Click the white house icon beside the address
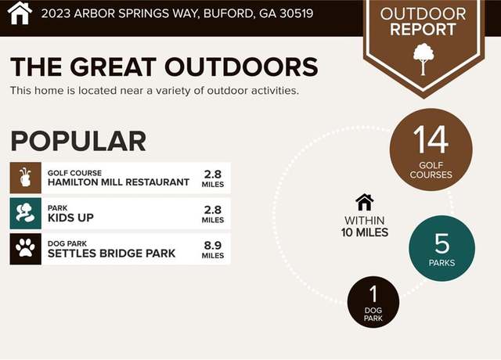[x=20, y=13]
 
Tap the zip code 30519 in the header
[x=296, y=13]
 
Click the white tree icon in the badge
[x=424, y=59]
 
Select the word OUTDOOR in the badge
[x=423, y=14]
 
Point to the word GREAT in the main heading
[x=113, y=67]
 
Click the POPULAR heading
[x=78, y=141]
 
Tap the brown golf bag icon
[x=26, y=178]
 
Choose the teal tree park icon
[x=26, y=214]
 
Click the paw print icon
[x=26, y=249]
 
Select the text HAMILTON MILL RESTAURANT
[x=118, y=182]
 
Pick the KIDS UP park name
[x=70, y=218]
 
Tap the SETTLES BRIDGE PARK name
[x=111, y=254]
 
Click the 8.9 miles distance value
[x=213, y=245]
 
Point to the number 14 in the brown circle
[x=431, y=139]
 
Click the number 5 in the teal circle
[x=442, y=243]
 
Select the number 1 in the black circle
[x=373, y=294]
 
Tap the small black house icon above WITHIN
[x=365, y=202]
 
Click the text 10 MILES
[x=365, y=232]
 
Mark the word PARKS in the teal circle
[x=442, y=263]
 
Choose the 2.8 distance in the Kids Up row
[x=213, y=210]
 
